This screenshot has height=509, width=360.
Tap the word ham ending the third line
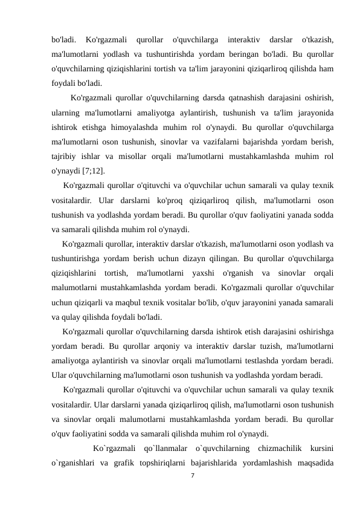point(327,69)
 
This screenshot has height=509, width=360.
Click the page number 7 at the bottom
point(191,477)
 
